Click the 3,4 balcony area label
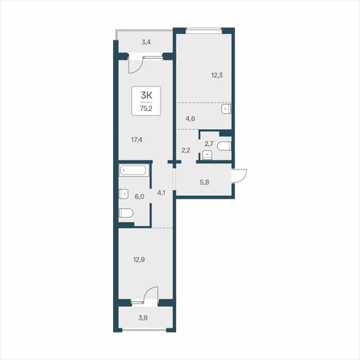[x=146, y=42]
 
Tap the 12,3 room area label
[x=217, y=75]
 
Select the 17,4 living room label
[x=136, y=140]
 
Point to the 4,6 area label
[x=190, y=119]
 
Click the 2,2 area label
[x=186, y=150]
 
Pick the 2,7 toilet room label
[x=209, y=144]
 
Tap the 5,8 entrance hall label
[x=204, y=182]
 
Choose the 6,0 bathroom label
[x=140, y=197]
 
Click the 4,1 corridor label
[x=161, y=193]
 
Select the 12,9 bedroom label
[x=139, y=260]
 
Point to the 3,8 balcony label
[x=143, y=318]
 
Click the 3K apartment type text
[x=146, y=95]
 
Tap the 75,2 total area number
[x=146, y=109]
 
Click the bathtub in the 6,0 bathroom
[x=133, y=170]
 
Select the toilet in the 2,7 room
[x=224, y=146]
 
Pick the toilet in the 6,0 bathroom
[x=126, y=213]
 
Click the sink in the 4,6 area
[x=226, y=109]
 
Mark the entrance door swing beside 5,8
[x=240, y=175]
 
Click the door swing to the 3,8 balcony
[x=151, y=295]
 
